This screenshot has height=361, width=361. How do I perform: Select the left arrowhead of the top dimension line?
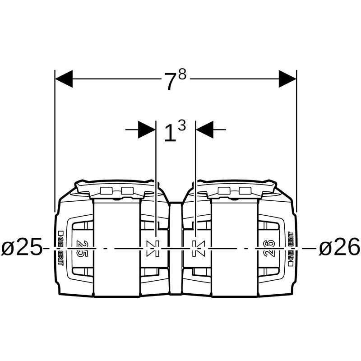point(64,79)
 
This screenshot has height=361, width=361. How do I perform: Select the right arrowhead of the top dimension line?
point(287,79)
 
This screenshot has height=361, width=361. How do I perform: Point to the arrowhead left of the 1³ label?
point(147,130)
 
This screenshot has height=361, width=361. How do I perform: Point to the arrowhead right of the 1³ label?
point(205,130)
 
